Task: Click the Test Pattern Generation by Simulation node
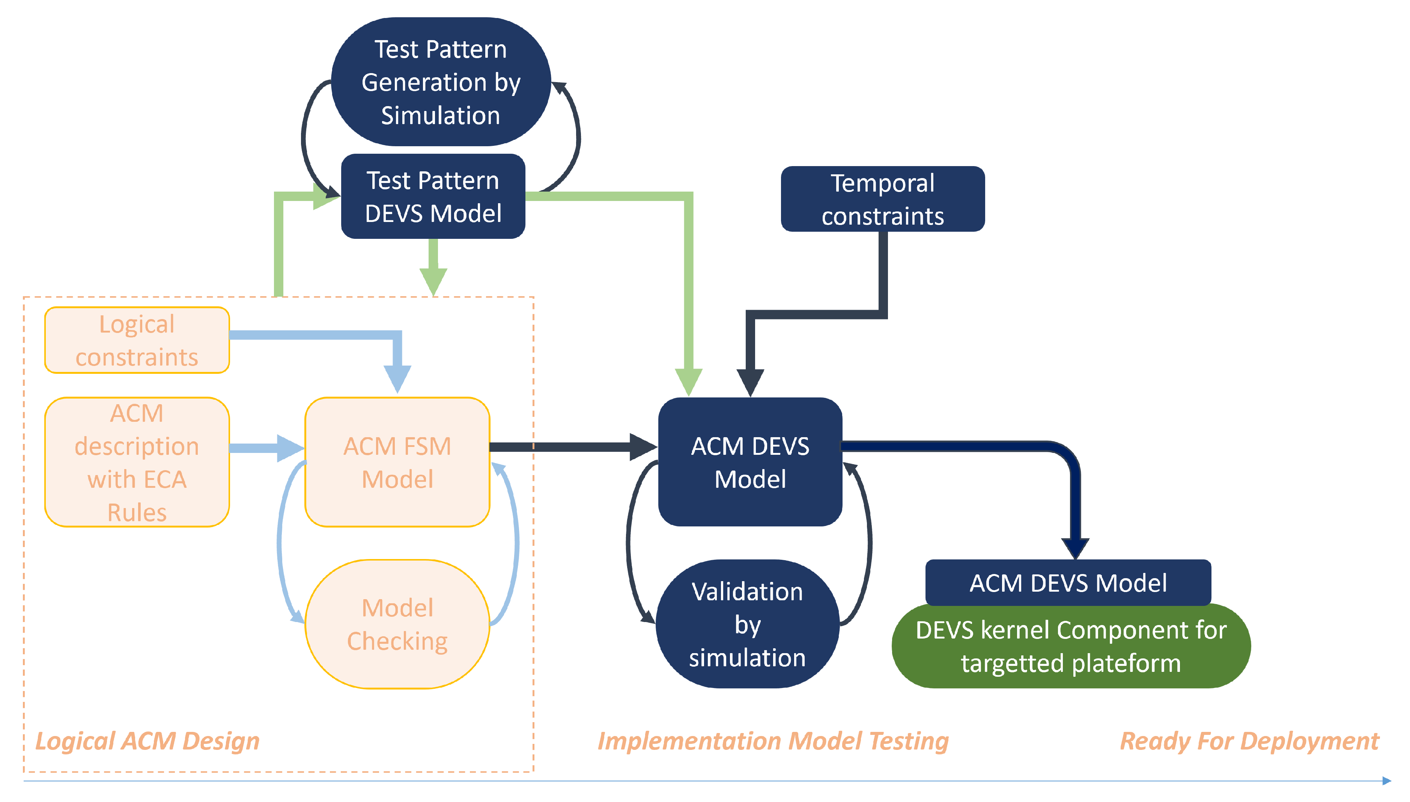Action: (441, 81)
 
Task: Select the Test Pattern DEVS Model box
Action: (433, 196)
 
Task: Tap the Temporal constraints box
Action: (882, 199)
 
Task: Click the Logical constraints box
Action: (137, 340)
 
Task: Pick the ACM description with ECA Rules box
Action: (137, 462)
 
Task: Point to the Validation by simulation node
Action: (748, 624)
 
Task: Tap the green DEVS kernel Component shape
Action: (1071, 646)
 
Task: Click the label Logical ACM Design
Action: (147, 741)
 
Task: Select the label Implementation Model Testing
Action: (773, 741)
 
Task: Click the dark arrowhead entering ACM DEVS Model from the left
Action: (643, 447)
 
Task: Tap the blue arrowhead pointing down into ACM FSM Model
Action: (397, 379)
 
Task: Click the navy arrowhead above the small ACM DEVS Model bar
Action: (1075, 549)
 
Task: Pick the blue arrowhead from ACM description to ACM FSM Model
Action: (290, 448)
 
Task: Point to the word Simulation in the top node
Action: (441, 116)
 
